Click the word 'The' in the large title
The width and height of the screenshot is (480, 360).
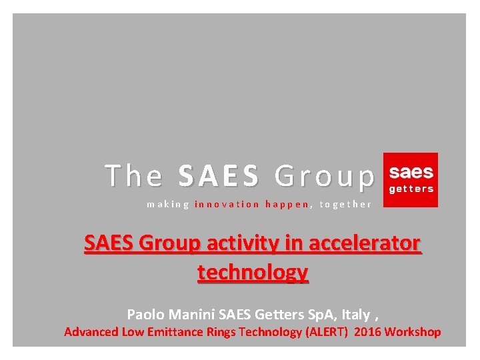pyautogui.click(x=133, y=176)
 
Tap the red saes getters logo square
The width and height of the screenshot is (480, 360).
pyautogui.click(x=411, y=179)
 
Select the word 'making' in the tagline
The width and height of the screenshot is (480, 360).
pyautogui.click(x=168, y=205)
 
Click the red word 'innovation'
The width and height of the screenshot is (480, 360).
pyautogui.click(x=227, y=205)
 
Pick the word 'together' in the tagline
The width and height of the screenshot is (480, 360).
pyautogui.click(x=345, y=205)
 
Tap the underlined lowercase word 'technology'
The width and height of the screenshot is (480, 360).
pyautogui.click(x=253, y=272)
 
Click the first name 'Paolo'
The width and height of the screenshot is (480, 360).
pyautogui.click(x=144, y=313)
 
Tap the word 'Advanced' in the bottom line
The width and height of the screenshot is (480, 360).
pyautogui.click(x=91, y=331)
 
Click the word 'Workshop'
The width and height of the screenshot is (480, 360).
pyautogui.click(x=413, y=331)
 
